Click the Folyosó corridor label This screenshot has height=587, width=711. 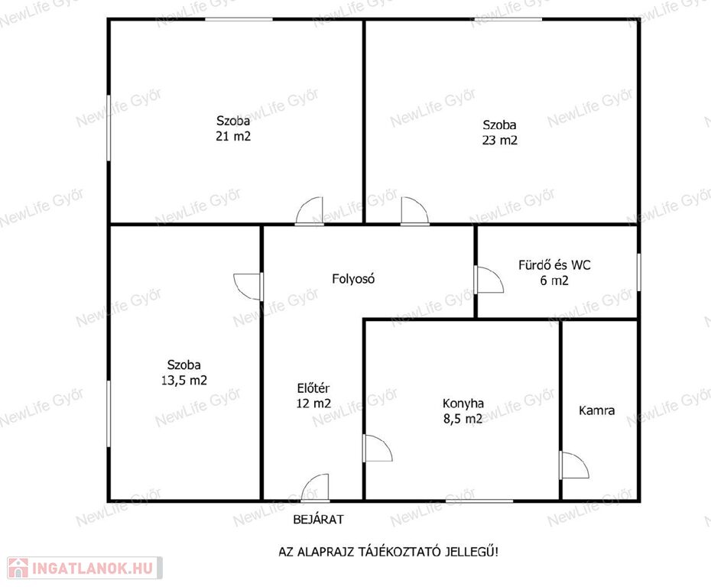(353, 279)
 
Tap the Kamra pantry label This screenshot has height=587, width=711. (597, 410)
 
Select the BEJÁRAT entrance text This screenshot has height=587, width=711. (318, 520)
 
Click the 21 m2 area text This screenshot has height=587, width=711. (233, 136)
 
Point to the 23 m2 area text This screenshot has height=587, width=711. (499, 140)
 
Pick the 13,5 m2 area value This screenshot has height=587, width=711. (184, 381)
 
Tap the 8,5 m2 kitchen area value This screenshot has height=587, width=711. (463, 419)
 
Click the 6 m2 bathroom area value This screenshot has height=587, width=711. (554, 281)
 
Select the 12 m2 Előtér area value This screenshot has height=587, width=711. (313, 403)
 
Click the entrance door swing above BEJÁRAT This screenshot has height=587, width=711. (315, 488)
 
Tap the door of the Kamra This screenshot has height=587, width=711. (574, 465)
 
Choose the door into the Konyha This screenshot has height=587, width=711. (377, 449)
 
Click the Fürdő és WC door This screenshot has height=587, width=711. (489, 279)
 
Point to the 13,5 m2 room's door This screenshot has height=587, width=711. (248, 287)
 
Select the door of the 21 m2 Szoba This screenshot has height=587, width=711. (310, 211)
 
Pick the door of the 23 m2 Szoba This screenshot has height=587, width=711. (415, 211)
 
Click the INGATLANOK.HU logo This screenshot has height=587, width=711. (84, 568)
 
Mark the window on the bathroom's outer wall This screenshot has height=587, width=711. (638, 272)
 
